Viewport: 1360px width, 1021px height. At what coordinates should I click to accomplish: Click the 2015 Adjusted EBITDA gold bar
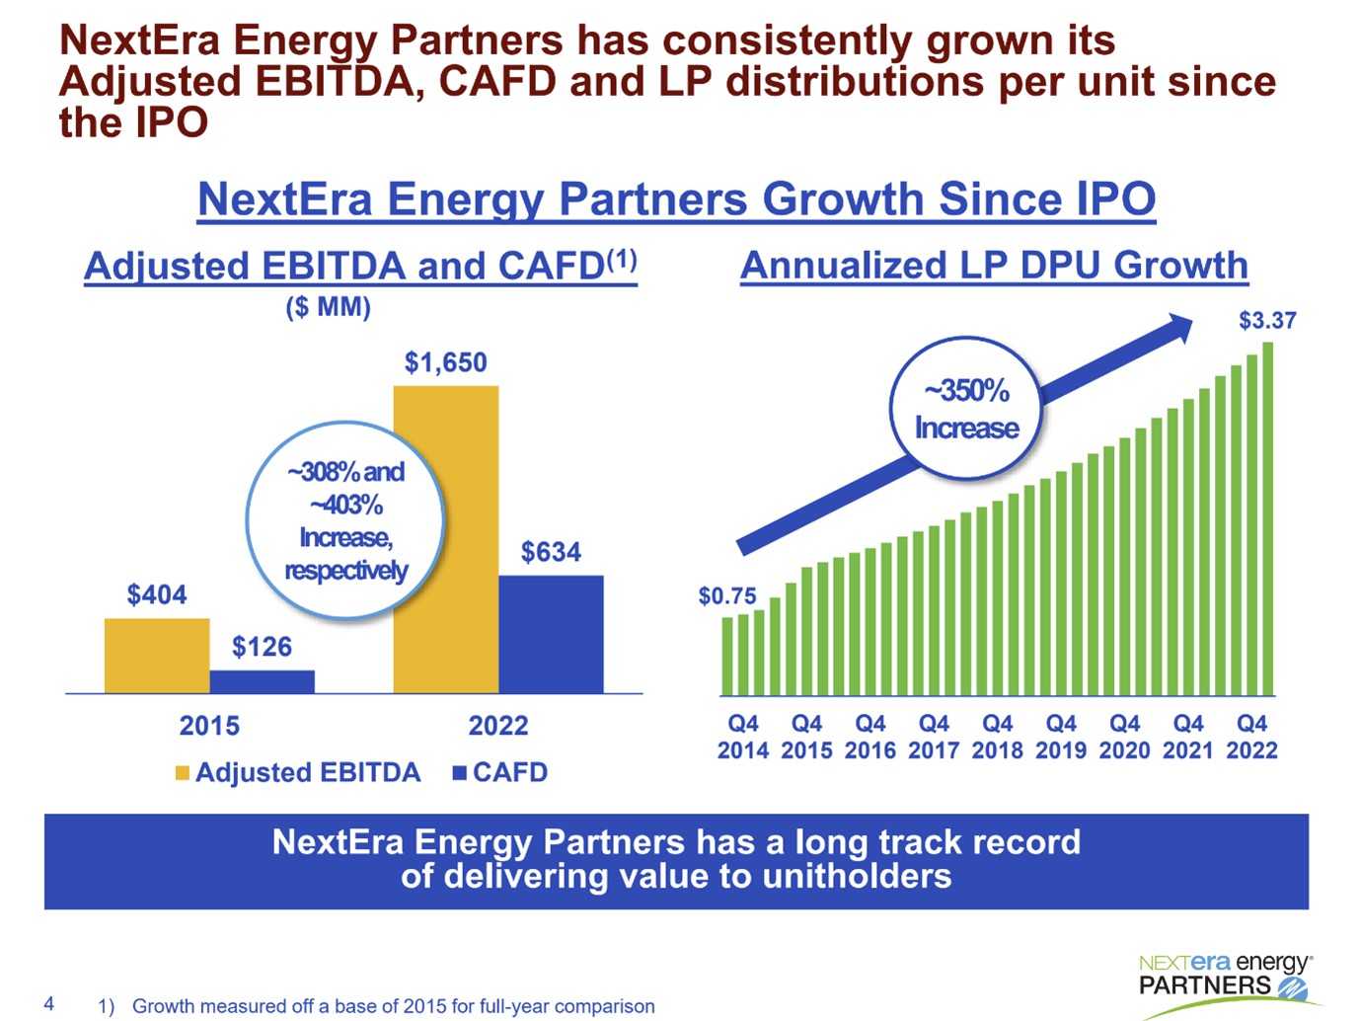(156, 656)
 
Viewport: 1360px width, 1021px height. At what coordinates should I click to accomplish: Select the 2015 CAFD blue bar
(262, 681)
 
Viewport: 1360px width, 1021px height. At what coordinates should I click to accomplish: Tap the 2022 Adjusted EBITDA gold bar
(445, 539)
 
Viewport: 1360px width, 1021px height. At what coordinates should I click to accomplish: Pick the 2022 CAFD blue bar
(551, 634)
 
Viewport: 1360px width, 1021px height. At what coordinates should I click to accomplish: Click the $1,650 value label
(445, 362)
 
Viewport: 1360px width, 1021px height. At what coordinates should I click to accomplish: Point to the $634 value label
(551, 552)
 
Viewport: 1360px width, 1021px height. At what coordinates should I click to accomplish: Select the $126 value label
(262, 647)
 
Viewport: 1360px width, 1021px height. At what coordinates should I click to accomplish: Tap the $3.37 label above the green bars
(1267, 320)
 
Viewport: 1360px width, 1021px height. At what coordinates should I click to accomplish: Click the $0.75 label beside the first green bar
(726, 595)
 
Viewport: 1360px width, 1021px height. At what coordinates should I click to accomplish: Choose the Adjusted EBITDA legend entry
(297, 772)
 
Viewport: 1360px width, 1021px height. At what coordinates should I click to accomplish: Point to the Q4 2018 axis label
(997, 737)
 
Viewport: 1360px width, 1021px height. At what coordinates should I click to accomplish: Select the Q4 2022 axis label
(1251, 737)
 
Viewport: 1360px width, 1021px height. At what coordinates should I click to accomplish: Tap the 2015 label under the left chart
(209, 726)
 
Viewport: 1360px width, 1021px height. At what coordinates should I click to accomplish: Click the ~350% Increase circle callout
(966, 409)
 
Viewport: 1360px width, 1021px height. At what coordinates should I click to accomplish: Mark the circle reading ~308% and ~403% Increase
(345, 520)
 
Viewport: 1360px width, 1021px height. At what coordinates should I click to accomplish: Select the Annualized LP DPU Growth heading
(994, 266)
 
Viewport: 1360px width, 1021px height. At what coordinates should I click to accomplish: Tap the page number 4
(49, 1004)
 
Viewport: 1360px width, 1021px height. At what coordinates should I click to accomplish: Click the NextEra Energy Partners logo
(1224, 978)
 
